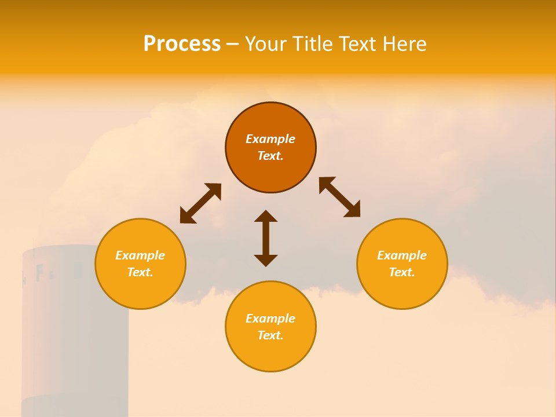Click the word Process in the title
(182, 44)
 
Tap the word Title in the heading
(316, 44)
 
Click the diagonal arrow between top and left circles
(200, 203)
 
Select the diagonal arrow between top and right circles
(339, 197)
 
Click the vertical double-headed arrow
(266, 238)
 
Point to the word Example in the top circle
(270, 139)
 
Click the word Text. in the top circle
(270, 156)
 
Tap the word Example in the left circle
(140, 255)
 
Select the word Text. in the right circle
(402, 272)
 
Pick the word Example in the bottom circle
(270, 319)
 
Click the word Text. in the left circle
(140, 272)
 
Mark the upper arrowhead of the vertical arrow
(266, 216)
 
